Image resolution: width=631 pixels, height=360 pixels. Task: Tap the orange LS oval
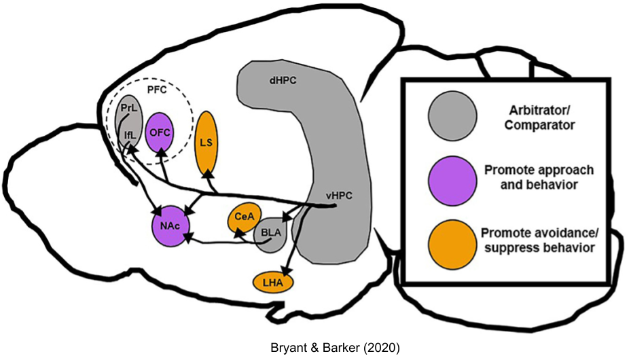pyautogui.click(x=206, y=142)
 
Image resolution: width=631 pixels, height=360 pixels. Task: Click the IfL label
pyautogui.click(x=130, y=135)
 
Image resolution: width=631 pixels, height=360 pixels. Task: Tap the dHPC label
pyautogui.click(x=279, y=80)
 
